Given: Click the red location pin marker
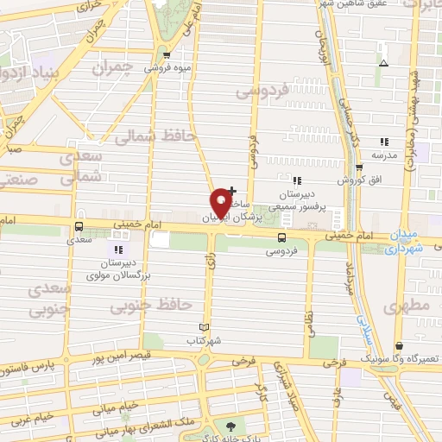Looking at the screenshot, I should click(221, 202).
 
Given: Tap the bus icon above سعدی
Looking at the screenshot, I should click(79, 228).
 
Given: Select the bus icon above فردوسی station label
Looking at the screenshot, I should click(282, 237).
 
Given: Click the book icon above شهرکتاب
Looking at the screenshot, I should click(205, 328).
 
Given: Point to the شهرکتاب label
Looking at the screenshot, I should click(205, 341).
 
